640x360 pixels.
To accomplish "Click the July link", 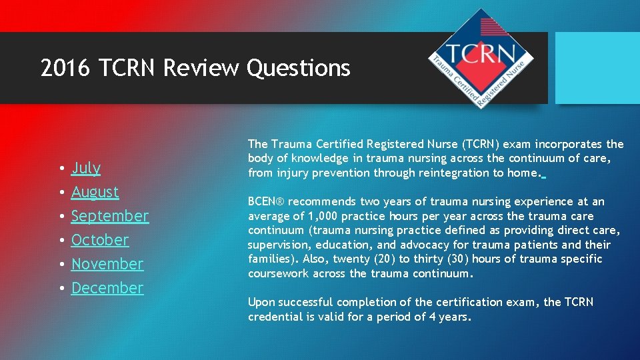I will (x=85, y=168).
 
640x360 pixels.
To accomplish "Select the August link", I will (x=95, y=192).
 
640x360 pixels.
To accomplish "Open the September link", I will (x=109, y=216).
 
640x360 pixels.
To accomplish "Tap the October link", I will (x=100, y=240).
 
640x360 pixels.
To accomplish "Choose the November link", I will (x=107, y=264).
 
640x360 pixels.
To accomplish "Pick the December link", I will (x=107, y=288).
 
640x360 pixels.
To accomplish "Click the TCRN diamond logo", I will (x=481, y=59).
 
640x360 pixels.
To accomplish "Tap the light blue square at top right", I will (x=597, y=68).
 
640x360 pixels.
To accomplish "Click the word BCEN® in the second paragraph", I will (x=267, y=201).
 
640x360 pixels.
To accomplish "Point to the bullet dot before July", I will (x=61, y=169).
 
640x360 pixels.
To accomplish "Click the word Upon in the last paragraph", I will (x=261, y=302).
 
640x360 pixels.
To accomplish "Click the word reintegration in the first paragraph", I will (x=449, y=173).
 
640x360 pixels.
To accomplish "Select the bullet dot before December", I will (x=61, y=289).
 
